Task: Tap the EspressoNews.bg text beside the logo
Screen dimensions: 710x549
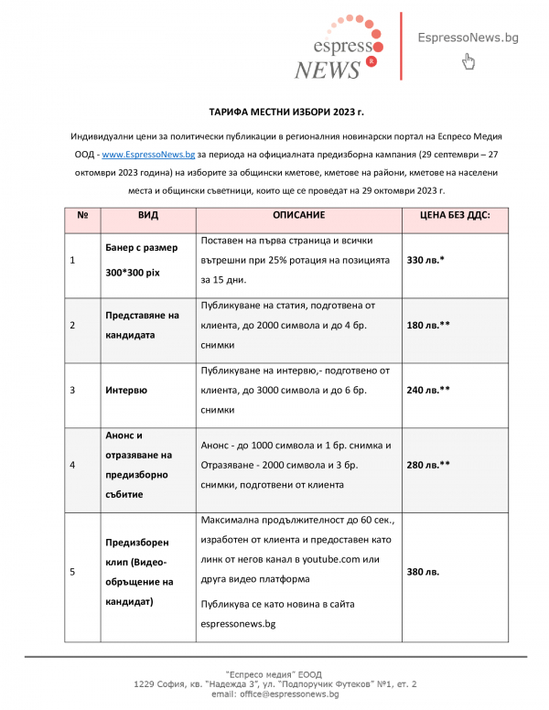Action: (468, 38)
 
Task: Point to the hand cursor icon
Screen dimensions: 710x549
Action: (468, 62)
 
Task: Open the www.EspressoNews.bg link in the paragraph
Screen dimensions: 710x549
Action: (147, 155)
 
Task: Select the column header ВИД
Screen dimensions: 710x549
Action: (147, 215)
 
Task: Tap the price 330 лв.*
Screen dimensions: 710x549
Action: (425, 261)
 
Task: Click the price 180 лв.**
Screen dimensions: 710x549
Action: (428, 326)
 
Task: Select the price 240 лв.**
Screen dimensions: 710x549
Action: (428, 390)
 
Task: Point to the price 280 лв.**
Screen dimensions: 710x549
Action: (428, 465)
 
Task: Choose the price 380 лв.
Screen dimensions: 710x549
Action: (423, 572)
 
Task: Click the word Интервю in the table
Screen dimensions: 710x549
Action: (129, 390)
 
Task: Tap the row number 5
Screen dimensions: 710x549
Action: (73, 572)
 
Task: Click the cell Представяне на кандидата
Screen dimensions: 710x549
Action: (141, 325)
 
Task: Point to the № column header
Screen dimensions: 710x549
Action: (82, 215)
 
